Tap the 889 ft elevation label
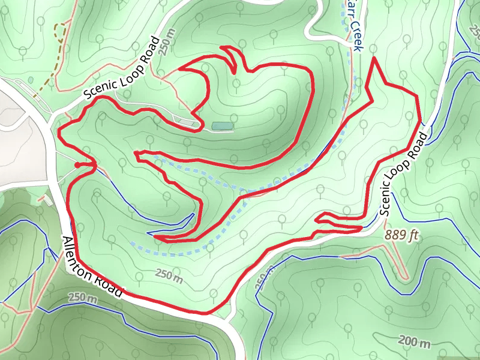(x=401, y=235)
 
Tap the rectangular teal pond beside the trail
(x=221, y=125)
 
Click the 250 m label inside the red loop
(x=169, y=277)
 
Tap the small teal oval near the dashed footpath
(x=31, y=80)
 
